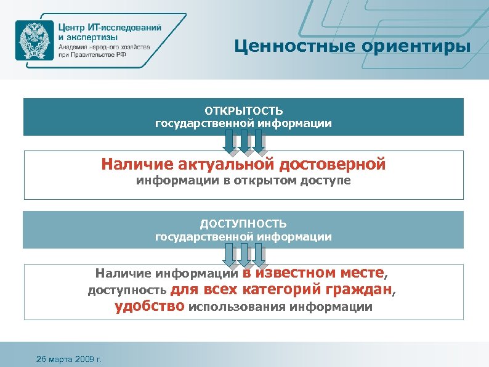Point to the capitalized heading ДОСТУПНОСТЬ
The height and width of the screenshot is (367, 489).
pos(243,224)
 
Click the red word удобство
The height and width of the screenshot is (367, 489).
pos(150,307)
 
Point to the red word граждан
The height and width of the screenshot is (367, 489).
pos(360,289)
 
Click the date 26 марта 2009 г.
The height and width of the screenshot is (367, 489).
pos(69,358)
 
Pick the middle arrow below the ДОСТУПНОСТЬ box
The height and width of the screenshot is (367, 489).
pos(244,255)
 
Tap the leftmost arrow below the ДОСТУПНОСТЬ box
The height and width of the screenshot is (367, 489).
pos(230,255)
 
